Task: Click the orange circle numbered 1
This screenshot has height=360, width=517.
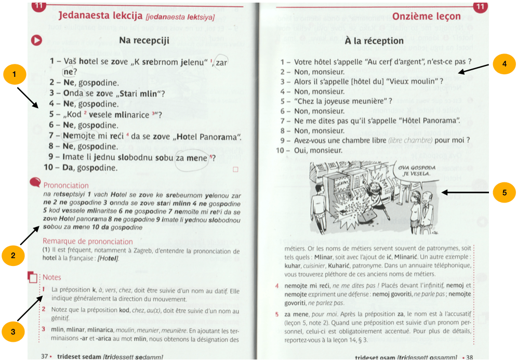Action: (15, 74)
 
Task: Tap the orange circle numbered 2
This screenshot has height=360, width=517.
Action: (13, 255)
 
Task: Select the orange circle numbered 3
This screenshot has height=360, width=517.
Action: (13, 331)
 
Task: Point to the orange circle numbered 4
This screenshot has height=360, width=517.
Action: (504, 63)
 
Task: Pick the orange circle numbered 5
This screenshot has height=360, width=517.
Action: (504, 192)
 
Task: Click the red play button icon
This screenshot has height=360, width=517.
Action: (36, 40)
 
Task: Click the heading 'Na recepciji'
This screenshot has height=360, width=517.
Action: (144, 41)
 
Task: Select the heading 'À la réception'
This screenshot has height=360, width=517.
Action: (374, 41)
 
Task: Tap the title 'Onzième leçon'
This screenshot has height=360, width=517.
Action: (426, 16)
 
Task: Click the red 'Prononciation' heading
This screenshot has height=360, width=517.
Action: (66, 185)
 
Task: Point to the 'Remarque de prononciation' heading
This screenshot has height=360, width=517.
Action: (88, 242)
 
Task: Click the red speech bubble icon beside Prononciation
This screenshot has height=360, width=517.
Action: (35, 182)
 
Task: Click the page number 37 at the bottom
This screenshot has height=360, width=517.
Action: (45, 356)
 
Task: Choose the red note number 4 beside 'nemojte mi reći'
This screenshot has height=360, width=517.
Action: (276, 286)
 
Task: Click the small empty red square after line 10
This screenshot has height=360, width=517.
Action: (235, 169)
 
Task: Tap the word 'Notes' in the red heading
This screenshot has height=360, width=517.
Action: (52, 277)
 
